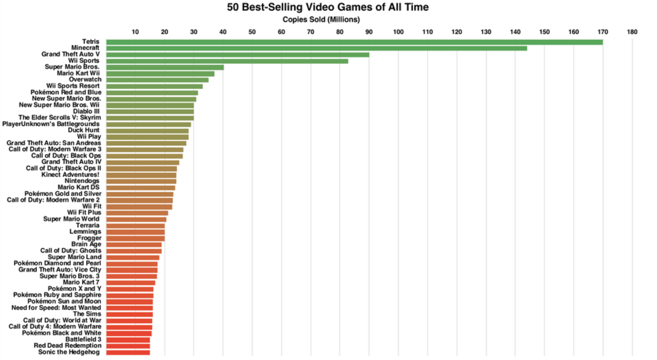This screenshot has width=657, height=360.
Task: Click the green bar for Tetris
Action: [354, 42]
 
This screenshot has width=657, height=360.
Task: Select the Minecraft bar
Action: [316, 48]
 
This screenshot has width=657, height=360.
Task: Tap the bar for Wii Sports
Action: [227, 61]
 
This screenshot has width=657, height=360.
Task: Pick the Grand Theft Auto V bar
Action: [237, 54]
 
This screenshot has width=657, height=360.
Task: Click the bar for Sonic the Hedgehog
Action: [128, 352]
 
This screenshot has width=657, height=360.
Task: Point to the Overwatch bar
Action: [157, 80]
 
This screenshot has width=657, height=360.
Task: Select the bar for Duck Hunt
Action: [147, 130]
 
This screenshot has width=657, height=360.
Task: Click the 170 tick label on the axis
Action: [603, 32]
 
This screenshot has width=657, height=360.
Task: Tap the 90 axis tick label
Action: [369, 32]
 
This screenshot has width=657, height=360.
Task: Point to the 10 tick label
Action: [135, 32]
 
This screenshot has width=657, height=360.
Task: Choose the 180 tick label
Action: [632, 32]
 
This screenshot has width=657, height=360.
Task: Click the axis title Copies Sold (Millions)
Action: [321, 19]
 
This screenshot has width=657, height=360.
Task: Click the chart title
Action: [322, 7]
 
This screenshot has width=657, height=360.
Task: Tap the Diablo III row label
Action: [86, 111]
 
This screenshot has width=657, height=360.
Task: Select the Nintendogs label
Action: [82, 181]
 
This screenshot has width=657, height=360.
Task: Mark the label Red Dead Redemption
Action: [67, 346]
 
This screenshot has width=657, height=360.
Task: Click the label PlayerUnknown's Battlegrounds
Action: [51, 124]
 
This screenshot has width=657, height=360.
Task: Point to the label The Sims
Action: [87, 314]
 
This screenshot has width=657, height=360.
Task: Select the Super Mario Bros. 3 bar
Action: [131, 276]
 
